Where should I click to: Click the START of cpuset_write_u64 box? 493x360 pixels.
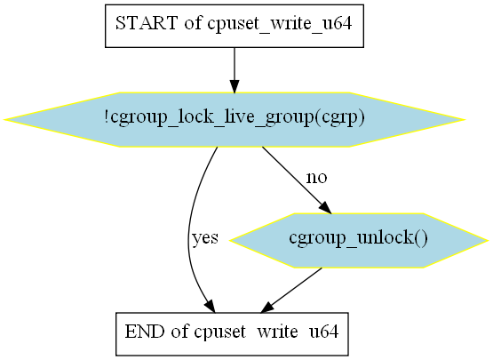pos(235,26)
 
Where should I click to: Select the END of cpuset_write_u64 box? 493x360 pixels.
pos(232,334)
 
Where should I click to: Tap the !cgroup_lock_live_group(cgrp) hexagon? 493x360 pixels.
pos(235,120)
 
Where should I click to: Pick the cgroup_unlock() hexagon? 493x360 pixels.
pos(359,240)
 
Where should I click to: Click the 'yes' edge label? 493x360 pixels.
pos(205,237)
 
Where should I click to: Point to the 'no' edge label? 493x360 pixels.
pos(316,178)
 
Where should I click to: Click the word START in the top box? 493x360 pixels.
pos(147,23)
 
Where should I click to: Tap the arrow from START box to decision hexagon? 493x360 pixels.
pos(235,70)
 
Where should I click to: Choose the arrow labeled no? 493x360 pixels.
pos(296,180)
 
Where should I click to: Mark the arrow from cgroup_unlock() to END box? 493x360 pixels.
pos(291,290)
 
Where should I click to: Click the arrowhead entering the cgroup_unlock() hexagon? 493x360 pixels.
pos(326,208)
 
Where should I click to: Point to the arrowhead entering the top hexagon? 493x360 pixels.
pos(235,86)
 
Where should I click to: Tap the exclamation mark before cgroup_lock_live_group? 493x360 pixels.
pos(107,116)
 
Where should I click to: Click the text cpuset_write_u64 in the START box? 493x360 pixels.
pos(279,24)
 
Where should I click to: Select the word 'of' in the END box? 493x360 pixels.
pos(179,332)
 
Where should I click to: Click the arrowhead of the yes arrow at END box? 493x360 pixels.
pos(211,306)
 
